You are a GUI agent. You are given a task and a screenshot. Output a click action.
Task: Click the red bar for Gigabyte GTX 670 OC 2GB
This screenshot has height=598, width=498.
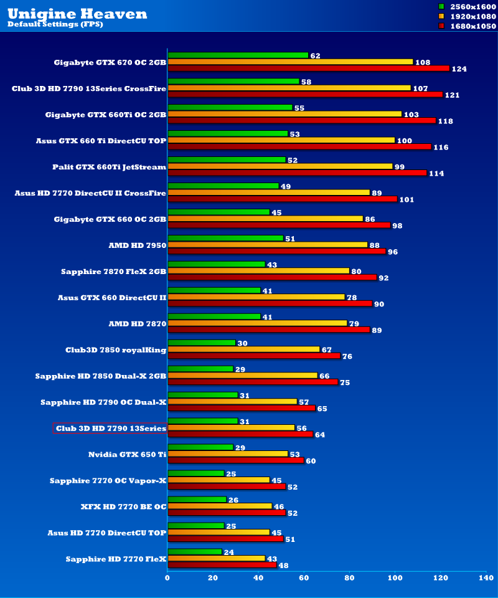tap(308, 69)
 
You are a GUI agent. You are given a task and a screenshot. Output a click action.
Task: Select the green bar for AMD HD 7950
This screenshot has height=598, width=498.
tap(225, 238)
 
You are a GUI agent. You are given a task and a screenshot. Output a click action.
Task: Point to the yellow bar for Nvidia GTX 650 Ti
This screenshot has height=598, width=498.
tap(228, 454)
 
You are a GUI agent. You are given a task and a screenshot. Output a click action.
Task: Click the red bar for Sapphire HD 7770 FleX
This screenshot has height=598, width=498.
tap(222, 565)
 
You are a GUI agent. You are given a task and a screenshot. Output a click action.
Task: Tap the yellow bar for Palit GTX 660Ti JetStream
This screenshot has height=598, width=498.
tap(280, 166)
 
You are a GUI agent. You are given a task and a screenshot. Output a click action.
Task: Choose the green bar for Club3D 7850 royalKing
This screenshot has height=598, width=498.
tap(202, 343)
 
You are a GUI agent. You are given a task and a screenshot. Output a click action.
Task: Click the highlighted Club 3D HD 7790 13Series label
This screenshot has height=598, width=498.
tap(110, 428)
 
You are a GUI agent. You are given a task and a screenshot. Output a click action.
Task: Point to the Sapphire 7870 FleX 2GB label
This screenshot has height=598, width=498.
tap(114, 271)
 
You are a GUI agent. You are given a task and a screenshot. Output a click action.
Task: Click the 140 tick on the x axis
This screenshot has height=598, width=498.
tap(486, 579)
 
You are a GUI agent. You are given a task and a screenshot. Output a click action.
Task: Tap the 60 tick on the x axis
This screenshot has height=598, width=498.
tap(304, 579)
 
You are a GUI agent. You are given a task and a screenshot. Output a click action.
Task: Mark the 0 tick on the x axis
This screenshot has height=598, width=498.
tap(167, 579)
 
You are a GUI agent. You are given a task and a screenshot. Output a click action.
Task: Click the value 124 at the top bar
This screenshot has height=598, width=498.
tap(459, 69)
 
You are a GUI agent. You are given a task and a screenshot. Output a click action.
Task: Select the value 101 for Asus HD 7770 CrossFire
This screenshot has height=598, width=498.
tap(407, 200)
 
